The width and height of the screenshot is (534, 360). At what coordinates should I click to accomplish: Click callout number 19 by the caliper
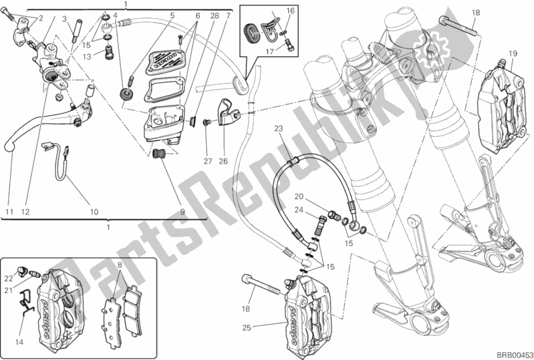coord(513,53)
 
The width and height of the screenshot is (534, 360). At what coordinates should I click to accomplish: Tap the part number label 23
coord(279,128)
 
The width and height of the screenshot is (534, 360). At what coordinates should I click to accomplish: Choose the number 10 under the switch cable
coord(94,212)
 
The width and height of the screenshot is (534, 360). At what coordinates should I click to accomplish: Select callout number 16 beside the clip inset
coord(290,11)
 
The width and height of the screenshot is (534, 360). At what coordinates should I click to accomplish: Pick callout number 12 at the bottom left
coord(25,212)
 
